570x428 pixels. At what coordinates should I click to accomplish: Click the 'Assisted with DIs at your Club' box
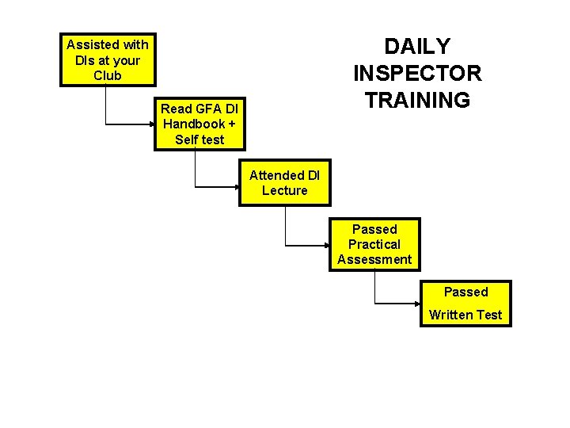pos(108,59)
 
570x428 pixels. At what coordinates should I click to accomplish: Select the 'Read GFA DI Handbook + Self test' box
pos(199,124)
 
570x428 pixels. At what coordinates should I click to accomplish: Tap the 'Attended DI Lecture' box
pos(285,183)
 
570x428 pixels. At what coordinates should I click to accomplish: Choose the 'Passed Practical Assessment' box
pos(374,244)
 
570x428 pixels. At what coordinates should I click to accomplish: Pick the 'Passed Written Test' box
pos(465,303)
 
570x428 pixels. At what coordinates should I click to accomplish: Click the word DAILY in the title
pos(417,46)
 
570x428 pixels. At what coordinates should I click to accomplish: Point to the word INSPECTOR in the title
pos(417,74)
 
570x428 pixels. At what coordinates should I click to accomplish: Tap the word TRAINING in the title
pos(417,101)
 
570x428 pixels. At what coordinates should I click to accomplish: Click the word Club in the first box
pos(108,75)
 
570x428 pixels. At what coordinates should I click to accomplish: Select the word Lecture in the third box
pos(285,190)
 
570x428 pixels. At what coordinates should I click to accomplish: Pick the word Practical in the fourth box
pos(374,244)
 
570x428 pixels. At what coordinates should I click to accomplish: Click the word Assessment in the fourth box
pos(374,259)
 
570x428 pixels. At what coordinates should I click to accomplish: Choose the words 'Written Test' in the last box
pos(465,315)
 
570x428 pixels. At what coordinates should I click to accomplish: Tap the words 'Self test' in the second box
pos(199,139)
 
